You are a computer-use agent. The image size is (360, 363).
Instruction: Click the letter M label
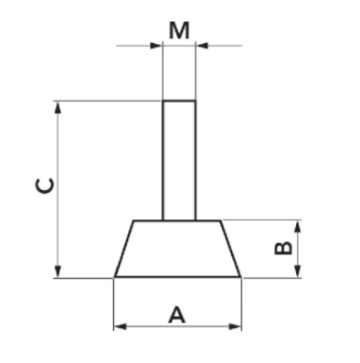coord(179,31)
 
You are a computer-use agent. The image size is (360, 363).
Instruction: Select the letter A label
coord(176,315)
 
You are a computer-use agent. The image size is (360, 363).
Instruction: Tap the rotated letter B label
coord(283,249)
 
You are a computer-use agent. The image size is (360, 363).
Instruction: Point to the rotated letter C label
coord(46,187)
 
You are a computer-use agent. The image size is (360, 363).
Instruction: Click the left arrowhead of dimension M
coord(155,46)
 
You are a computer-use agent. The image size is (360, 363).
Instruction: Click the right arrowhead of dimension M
coord(202,46)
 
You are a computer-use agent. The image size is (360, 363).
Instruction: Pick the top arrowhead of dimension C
coord(58,108)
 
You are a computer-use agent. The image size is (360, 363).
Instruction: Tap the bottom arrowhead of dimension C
coord(58,271)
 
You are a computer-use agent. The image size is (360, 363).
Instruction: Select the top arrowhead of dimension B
coord(298,228)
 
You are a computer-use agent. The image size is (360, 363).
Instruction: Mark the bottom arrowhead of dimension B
coord(298,271)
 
